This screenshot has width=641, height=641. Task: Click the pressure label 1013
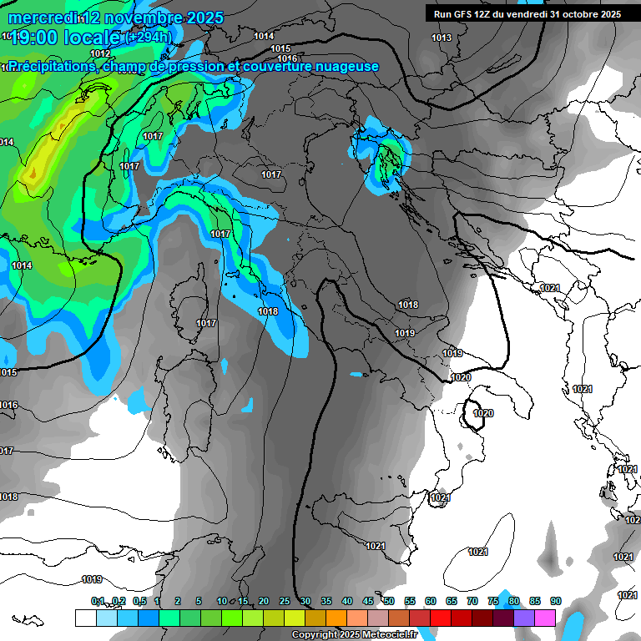coord(442,38)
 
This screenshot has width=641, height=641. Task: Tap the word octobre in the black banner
coord(578,14)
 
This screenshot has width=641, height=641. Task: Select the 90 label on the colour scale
coord(555,601)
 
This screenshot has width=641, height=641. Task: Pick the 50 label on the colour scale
coord(389,601)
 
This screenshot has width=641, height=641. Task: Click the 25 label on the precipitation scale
coord(285,601)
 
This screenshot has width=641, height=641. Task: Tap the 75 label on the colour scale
coord(492,601)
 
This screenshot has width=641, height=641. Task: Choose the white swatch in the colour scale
coord(85,618)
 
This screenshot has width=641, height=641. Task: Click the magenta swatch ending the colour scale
coord(545,618)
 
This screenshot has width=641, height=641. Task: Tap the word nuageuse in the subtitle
coord(347,67)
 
